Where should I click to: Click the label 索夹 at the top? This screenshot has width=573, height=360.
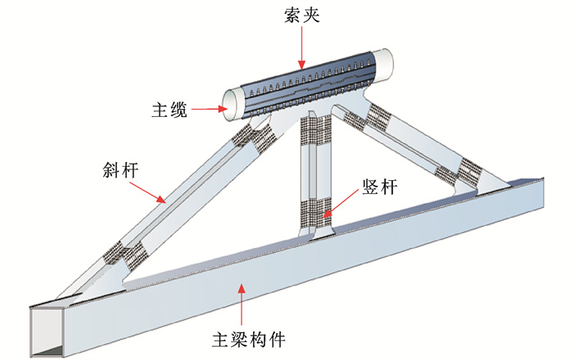300,15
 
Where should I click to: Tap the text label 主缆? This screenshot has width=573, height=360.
170,109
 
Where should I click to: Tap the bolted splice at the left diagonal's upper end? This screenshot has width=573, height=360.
249,135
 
